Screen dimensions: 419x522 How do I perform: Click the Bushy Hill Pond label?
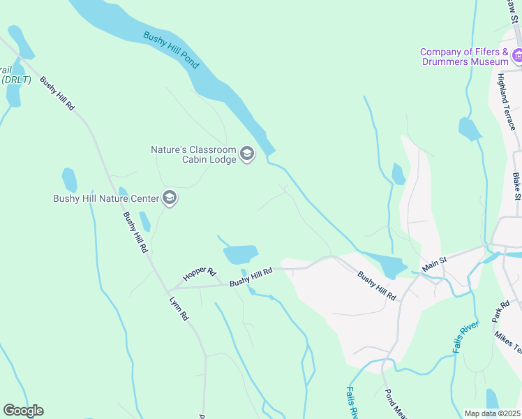172,50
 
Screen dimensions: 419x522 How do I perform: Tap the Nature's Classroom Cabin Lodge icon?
247,154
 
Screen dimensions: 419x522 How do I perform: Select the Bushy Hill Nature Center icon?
169,198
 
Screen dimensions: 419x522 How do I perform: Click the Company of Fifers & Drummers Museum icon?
517,55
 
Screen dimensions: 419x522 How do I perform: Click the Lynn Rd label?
179,308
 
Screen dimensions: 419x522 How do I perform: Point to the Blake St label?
517,186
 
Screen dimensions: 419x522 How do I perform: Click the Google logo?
23,411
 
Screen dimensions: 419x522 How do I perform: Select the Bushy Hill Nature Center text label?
105,198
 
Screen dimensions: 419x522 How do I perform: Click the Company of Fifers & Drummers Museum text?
465,57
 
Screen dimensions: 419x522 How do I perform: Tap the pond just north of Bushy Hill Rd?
241,253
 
